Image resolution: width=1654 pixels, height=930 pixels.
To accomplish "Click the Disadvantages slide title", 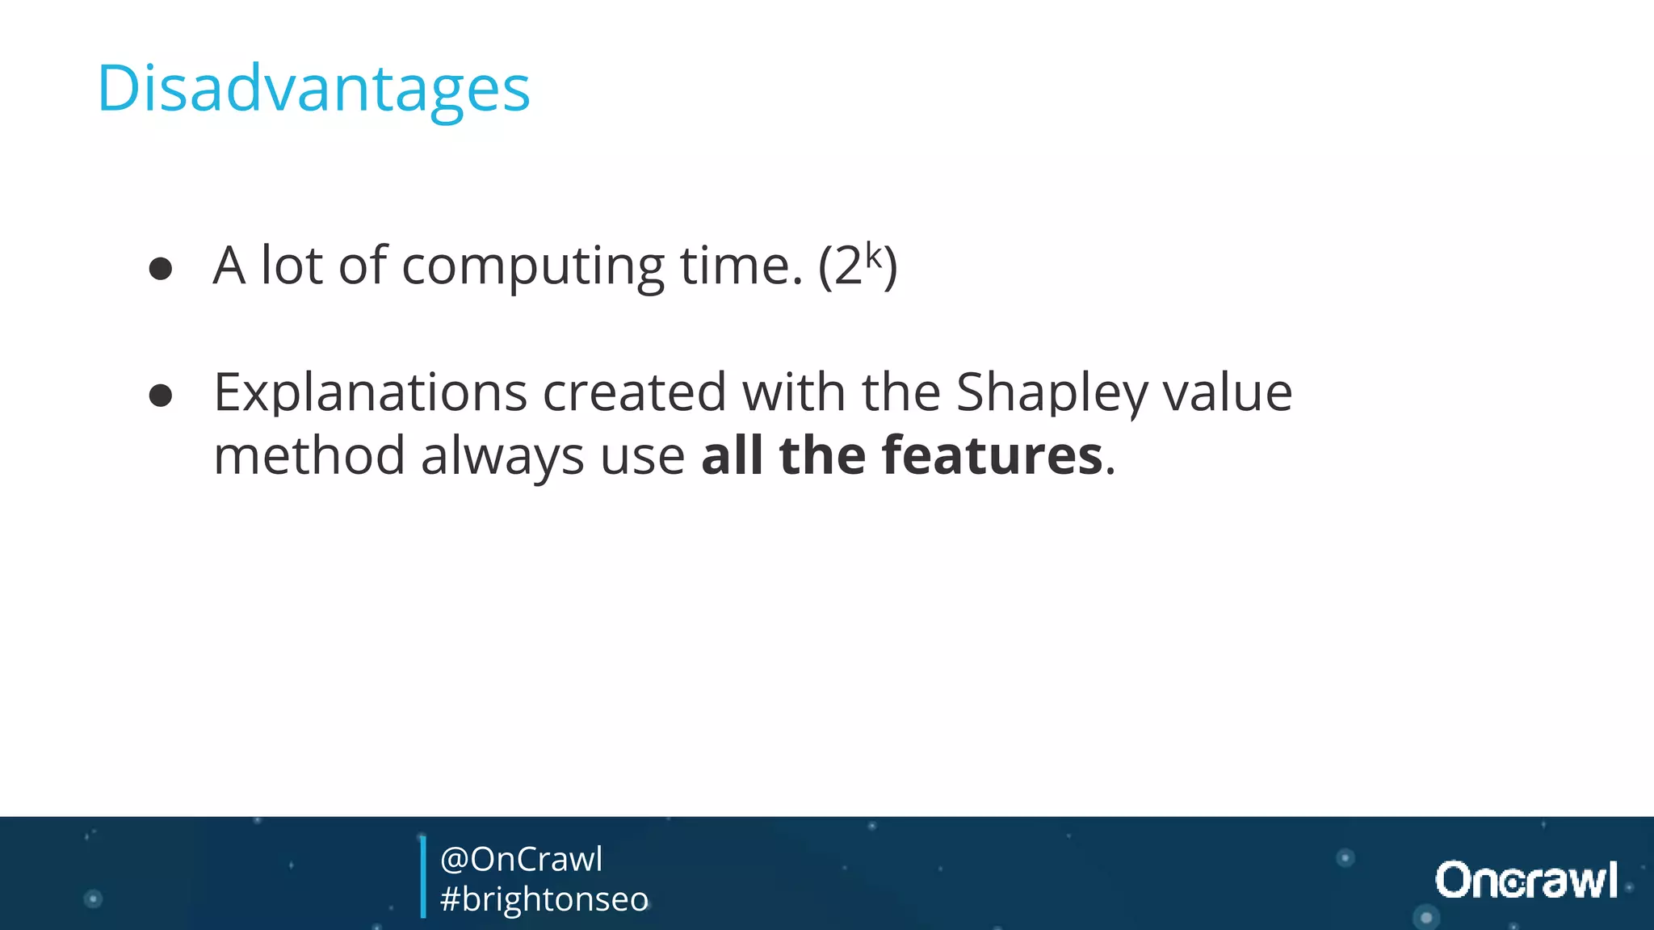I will (313, 89).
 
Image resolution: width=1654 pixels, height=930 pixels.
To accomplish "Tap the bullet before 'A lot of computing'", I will (161, 269).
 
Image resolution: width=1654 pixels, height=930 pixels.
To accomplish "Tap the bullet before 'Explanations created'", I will (161, 396).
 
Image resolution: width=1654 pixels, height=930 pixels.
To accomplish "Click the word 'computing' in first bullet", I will (533, 266).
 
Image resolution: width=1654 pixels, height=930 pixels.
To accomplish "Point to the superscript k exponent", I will (874, 254).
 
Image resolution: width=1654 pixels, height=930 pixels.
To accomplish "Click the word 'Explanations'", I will (370, 393).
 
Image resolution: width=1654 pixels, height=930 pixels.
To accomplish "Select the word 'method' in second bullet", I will (309, 455).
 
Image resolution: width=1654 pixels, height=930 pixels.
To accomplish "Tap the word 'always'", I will (502, 457).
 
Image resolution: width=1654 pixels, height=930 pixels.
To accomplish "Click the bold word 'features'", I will (992, 455).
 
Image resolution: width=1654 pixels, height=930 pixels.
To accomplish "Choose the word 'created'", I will (634, 393).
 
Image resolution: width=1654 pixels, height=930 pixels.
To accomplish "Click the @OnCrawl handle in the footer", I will (521, 859).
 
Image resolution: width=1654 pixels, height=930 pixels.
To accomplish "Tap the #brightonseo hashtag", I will (544, 899).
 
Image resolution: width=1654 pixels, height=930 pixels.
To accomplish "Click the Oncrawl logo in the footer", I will (1526, 880).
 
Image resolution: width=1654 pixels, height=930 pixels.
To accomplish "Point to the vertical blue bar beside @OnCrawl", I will (423, 878).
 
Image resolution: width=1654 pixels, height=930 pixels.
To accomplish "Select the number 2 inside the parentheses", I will (848, 266).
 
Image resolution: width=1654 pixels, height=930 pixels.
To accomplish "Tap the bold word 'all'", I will (732, 455).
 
